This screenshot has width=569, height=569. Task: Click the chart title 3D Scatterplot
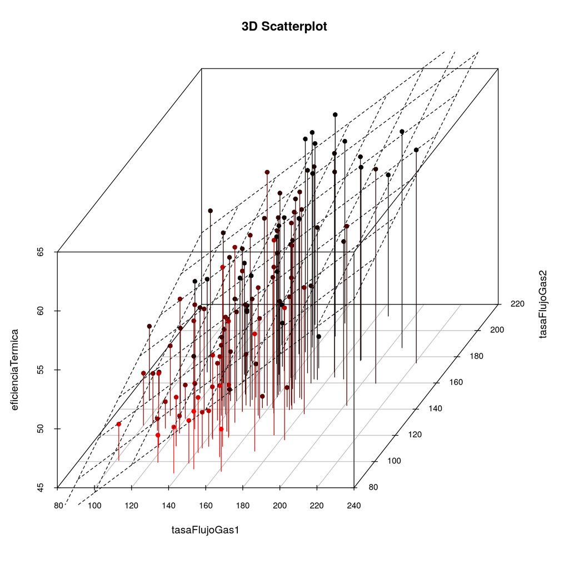(284, 27)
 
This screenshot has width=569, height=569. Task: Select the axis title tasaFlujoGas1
(206, 530)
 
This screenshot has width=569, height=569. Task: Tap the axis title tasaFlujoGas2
(542, 304)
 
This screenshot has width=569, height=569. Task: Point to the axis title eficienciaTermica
(14, 370)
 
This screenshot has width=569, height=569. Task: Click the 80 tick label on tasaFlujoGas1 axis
(58, 506)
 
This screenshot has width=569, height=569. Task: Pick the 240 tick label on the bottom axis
(354, 506)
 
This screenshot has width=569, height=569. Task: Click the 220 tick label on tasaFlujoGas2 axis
(517, 304)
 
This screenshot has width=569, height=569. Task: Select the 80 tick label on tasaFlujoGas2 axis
(373, 487)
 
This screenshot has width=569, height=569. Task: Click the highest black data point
(335, 114)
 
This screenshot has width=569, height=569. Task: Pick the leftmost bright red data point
(119, 424)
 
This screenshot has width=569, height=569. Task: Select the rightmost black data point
(416, 150)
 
